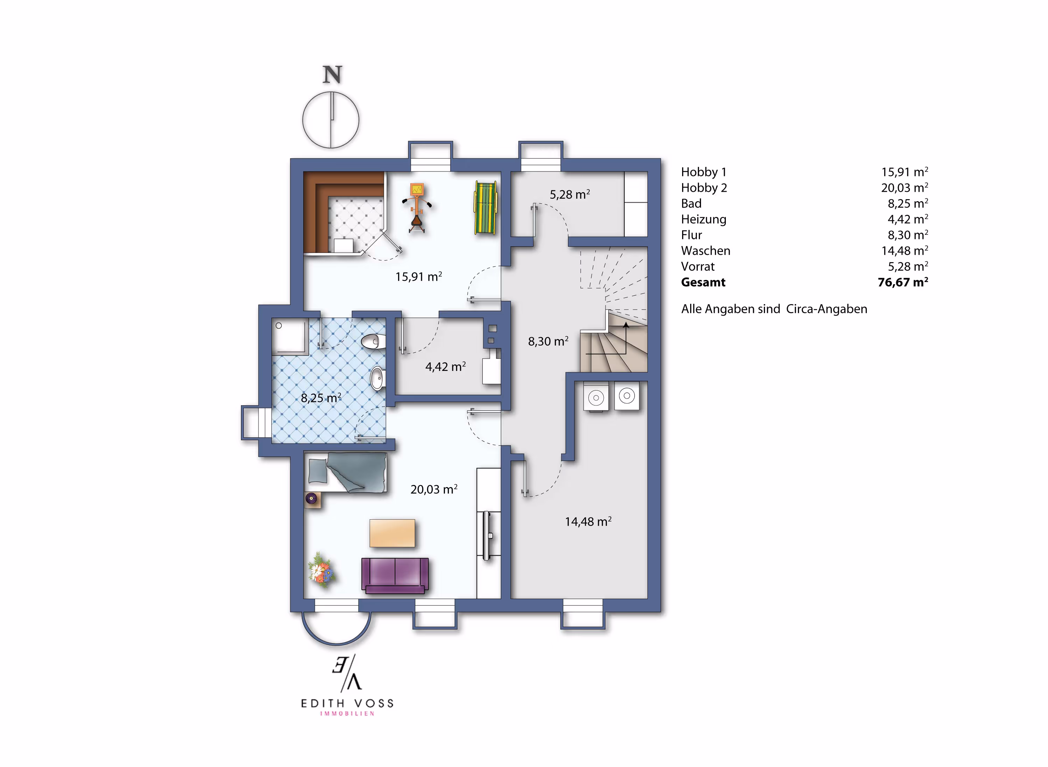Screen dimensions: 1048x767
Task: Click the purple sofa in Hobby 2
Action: coord(395,575)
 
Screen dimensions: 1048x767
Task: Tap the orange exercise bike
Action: coord(417,207)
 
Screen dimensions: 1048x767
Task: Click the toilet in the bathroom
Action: coord(373,342)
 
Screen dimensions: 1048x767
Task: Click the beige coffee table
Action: coord(392,533)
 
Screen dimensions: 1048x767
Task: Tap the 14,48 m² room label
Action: coord(588,521)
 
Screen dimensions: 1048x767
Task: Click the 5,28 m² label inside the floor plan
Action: coord(570,194)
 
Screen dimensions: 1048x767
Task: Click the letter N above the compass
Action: coord(332,75)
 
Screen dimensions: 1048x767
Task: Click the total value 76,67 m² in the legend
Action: coord(903,282)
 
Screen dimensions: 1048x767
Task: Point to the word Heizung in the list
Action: coord(703,219)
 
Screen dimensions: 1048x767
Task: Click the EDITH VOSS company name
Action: coord(347,703)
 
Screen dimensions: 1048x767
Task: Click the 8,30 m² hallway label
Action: coord(548,341)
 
